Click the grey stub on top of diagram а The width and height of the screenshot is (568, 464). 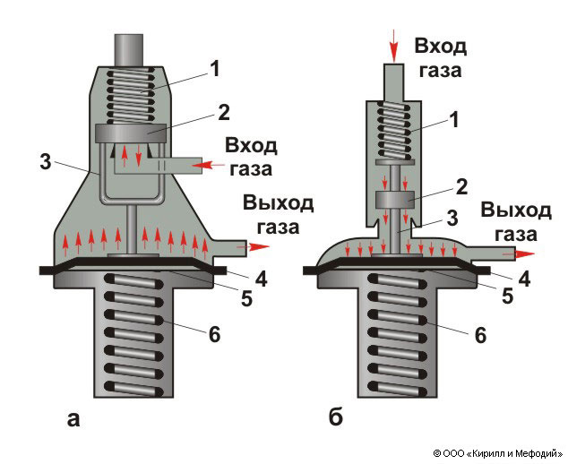click(129, 49)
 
